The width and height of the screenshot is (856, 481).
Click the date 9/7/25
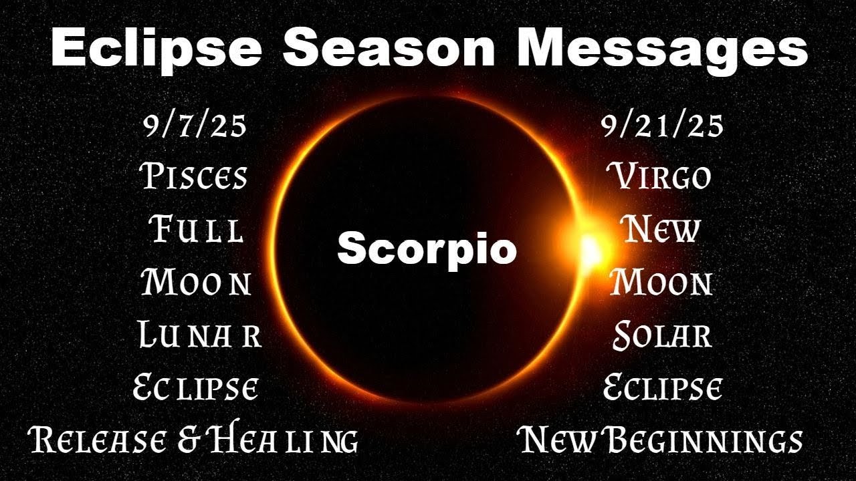(x=195, y=126)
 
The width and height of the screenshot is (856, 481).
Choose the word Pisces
(x=195, y=177)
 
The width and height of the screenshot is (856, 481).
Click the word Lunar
(x=199, y=335)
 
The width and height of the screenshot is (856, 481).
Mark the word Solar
(x=662, y=335)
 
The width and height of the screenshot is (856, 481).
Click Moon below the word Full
(x=196, y=283)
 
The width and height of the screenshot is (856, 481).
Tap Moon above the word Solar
(x=661, y=283)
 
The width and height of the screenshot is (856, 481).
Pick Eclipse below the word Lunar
(x=196, y=388)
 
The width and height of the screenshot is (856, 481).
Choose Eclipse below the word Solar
(x=662, y=388)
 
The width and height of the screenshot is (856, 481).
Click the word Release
(x=97, y=440)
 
